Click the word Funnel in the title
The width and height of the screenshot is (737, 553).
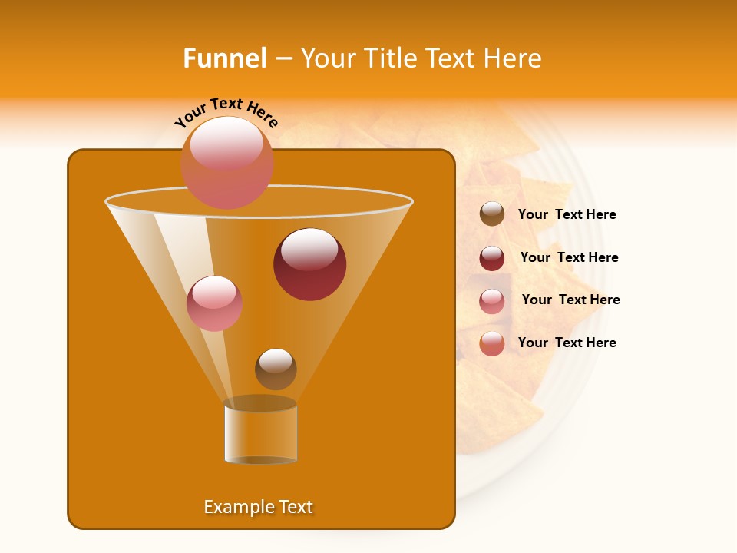click(225, 58)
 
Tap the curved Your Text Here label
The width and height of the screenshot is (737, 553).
click(226, 111)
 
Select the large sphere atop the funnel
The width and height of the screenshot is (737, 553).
click(226, 162)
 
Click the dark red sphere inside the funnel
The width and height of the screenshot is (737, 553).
click(309, 264)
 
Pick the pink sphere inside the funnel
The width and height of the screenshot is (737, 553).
click(214, 303)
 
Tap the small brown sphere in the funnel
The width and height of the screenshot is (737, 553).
click(276, 369)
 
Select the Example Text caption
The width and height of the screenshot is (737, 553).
click(258, 507)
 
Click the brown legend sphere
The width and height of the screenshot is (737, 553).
click(492, 214)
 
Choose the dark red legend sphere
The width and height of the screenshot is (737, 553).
click(492, 258)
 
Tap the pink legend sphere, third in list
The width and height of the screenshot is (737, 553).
click(492, 301)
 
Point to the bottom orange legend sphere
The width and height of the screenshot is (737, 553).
click(492, 343)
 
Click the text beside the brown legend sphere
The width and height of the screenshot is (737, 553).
click(567, 215)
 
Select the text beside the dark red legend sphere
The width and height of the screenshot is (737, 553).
click(569, 257)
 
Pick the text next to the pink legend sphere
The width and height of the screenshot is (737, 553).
click(570, 300)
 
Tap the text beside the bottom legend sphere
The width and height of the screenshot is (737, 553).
click(567, 343)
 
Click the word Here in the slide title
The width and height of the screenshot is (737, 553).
click(514, 58)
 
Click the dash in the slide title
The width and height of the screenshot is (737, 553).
click(283, 58)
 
